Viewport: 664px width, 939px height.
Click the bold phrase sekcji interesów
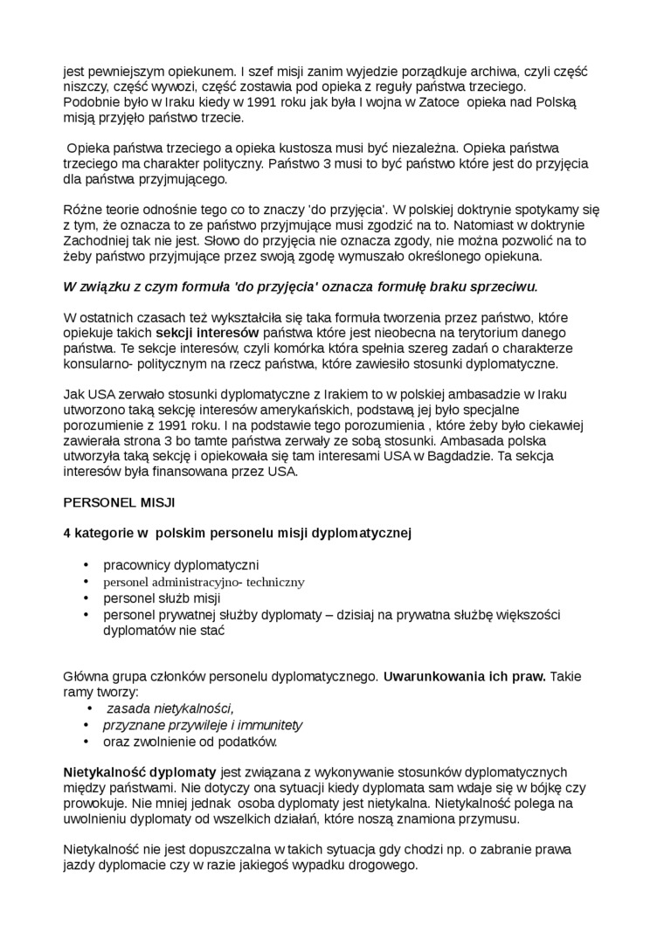[x=208, y=333]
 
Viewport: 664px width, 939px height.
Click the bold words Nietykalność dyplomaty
[x=140, y=772]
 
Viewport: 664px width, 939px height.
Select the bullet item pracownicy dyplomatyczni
[x=181, y=565]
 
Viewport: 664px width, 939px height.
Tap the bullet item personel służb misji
[x=162, y=598]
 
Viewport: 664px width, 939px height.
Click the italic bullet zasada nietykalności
[x=170, y=708]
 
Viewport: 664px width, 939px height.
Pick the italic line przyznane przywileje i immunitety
[x=203, y=725]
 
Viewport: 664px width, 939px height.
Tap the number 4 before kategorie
[x=67, y=532]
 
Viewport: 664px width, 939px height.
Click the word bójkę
[x=521, y=787]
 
